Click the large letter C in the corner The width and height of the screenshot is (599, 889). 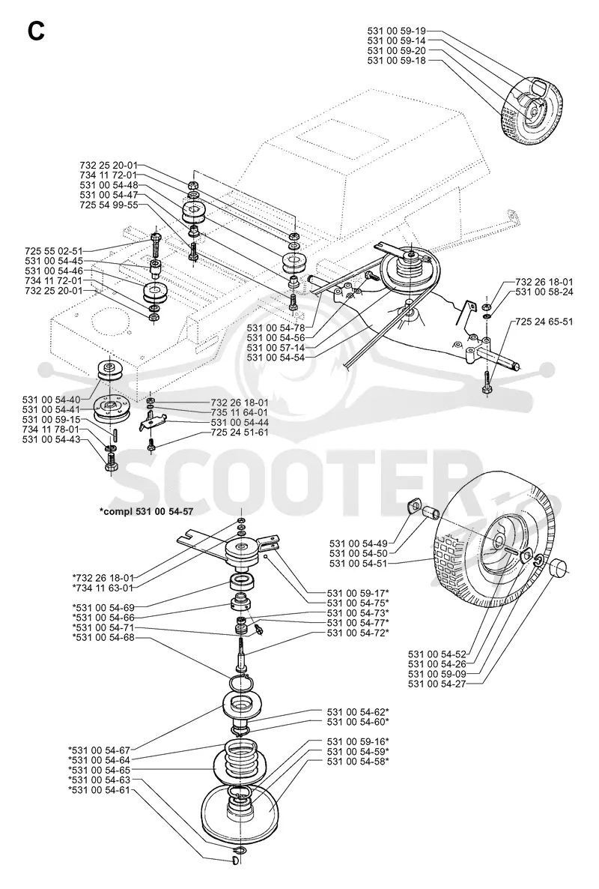(36, 31)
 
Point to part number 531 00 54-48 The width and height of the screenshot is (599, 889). (109, 185)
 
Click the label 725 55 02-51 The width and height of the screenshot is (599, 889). (54, 250)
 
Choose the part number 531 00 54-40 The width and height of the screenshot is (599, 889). (52, 399)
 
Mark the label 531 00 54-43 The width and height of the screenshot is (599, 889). (52, 440)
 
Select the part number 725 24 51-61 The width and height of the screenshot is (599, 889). (240, 433)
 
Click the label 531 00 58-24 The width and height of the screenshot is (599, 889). (544, 292)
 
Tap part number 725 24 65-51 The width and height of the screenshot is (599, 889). (544, 322)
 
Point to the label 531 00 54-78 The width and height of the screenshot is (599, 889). (276, 327)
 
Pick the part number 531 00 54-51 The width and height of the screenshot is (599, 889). (358, 563)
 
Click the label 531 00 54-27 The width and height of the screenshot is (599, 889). (437, 684)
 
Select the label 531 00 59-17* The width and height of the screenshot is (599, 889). (358, 592)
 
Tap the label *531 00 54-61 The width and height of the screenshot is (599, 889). (99, 790)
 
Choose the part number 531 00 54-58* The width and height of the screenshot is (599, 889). (358, 761)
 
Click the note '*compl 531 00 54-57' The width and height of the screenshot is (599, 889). (146, 510)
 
